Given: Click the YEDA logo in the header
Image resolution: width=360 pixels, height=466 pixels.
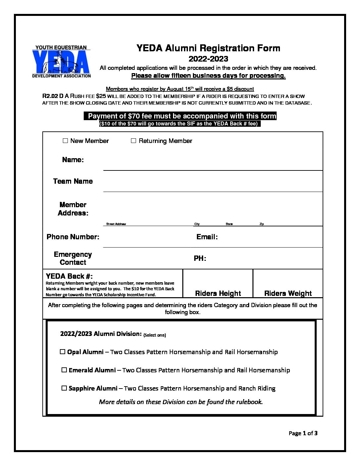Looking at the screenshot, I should tap(61, 62).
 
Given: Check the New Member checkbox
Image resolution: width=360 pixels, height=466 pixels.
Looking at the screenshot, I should tap(65, 141).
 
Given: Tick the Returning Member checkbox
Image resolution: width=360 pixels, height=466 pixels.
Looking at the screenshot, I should tap(133, 141).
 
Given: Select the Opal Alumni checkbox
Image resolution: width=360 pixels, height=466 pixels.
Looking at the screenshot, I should tap(62, 352).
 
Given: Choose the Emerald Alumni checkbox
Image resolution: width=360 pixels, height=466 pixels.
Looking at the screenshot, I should tap(64, 370).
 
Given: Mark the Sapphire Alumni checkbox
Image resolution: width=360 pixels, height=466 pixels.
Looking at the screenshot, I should tap(64, 388).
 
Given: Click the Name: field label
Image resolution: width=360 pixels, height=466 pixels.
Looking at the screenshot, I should tap(73, 160).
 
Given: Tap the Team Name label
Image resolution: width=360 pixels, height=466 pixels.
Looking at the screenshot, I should tap(73, 181).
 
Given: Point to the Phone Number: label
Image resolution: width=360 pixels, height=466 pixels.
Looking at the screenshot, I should tap(73, 237).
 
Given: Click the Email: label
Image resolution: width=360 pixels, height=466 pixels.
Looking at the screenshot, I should tap(207, 237).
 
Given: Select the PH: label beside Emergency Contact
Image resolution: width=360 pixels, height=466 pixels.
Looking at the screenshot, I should tap(200, 258).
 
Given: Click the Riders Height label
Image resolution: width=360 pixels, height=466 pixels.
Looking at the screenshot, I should tap(218, 293).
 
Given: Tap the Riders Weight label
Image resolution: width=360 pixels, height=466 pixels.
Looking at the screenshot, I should tap(288, 293).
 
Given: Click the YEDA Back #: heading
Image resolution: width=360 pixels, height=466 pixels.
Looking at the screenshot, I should tap(69, 276).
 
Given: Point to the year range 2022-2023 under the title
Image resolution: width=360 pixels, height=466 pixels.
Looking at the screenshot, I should tap(208, 59).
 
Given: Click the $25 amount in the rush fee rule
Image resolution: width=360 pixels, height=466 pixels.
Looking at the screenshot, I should tap(101, 96).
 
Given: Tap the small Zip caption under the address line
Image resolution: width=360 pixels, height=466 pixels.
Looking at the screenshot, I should tap(262, 224).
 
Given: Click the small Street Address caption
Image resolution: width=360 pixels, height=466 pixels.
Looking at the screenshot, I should tap(116, 224).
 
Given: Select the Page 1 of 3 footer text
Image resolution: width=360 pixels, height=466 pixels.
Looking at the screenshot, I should tap(303, 433).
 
